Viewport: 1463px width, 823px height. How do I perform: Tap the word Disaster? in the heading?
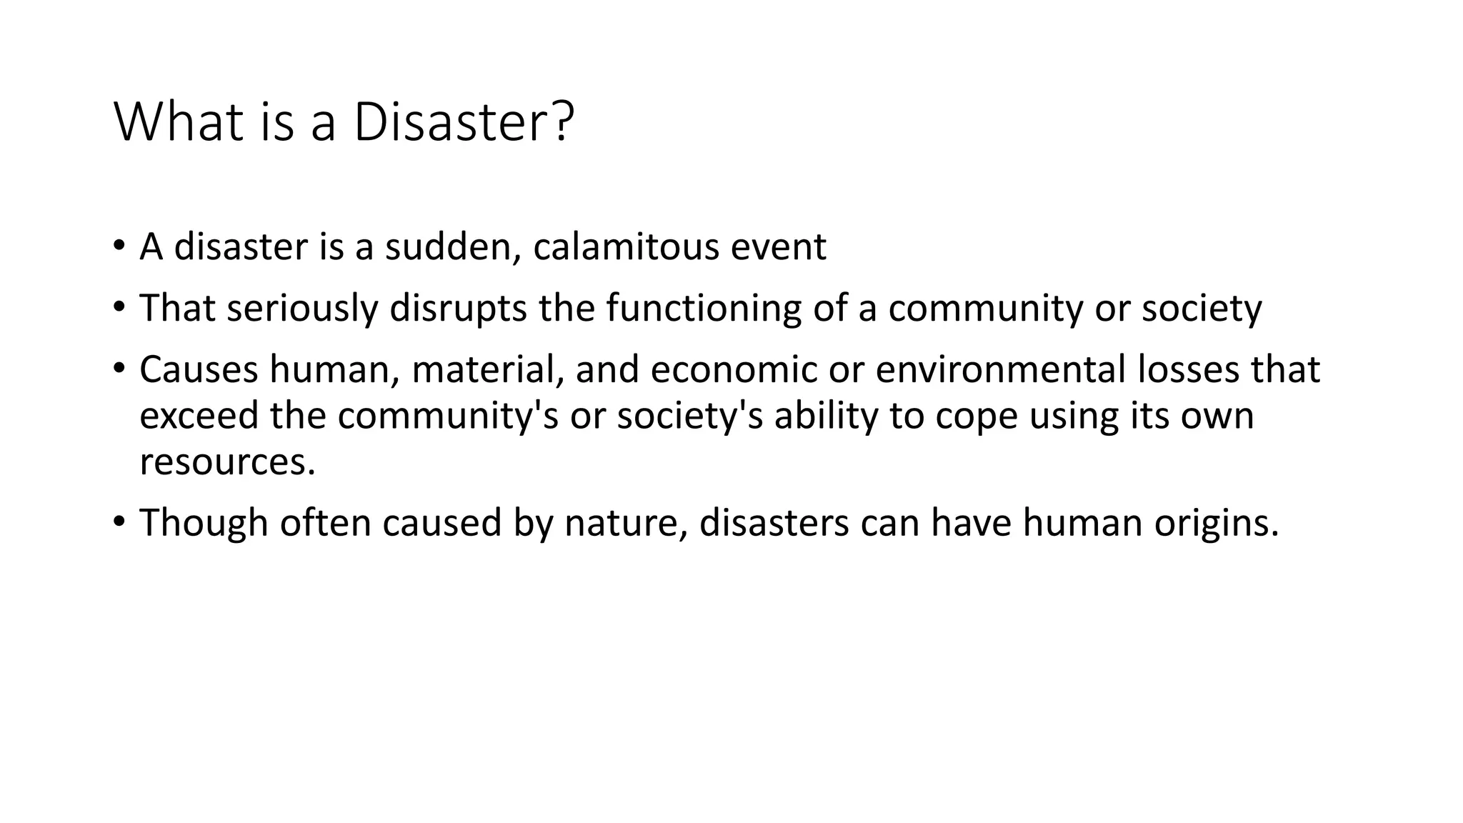[464, 123]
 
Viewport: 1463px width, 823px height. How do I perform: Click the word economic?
[734, 370]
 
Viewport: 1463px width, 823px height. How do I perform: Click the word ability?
[825, 416]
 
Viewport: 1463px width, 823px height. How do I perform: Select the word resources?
[227, 462]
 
